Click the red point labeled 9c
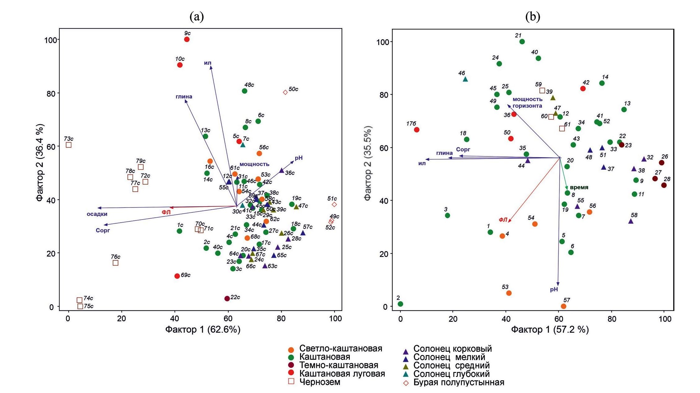click(x=187, y=39)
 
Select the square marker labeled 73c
click(x=69, y=145)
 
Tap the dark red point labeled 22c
click(x=227, y=298)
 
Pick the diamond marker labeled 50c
click(x=285, y=92)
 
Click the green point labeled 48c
click(x=245, y=91)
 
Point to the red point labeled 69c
click(x=177, y=276)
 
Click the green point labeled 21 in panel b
click(x=522, y=42)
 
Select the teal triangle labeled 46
click(x=465, y=79)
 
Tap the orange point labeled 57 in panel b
click(x=564, y=306)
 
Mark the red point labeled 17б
click(x=417, y=130)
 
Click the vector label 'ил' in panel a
click(x=207, y=63)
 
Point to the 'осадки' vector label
click(x=97, y=214)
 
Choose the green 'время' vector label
click(x=579, y=187)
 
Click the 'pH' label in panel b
click(x=554, y=289)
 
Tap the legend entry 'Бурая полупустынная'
click(x=459, y=382)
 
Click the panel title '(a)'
click(x=197, y=17)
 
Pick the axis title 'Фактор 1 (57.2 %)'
click(x=550, y=330)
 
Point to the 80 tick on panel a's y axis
click(x=51, y=93)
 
